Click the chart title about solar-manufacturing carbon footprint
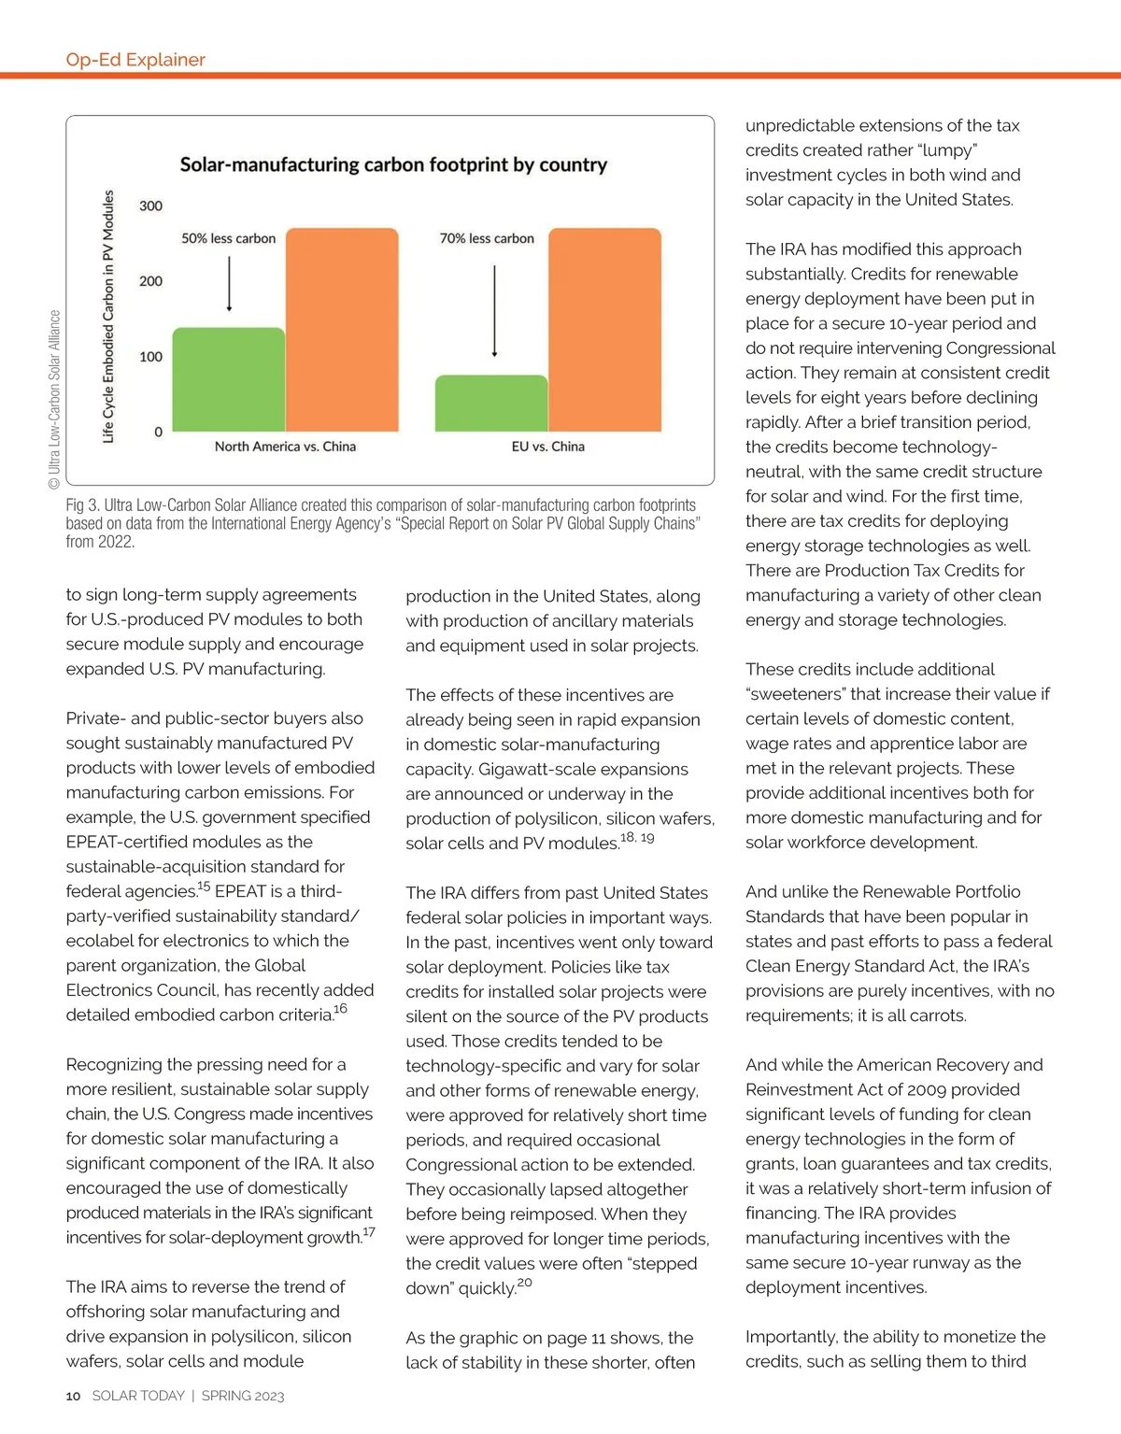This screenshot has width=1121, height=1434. click(393, 165)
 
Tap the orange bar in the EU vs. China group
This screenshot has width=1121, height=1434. click(604, 329)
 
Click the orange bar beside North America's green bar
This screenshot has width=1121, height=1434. click(342, 329)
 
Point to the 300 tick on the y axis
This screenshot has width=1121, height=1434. click(150, 206)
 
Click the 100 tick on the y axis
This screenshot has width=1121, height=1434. click(150, 357)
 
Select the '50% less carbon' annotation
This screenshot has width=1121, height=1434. click(229, 238)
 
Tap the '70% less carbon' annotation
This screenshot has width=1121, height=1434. click(487, 238)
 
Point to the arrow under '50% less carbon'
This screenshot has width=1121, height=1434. click(229, 283)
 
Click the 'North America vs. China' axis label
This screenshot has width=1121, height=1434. click(285, 447)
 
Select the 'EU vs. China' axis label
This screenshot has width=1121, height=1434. click(547, 447)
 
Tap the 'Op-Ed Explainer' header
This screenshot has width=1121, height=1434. click(135, 60)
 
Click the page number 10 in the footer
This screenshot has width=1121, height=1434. click(73, 1396)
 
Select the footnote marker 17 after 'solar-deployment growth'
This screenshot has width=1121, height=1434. click(369, 1232)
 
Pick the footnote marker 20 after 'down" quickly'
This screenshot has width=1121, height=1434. click(525, 1283)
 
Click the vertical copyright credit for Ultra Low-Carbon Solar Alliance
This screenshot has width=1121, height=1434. click(54, 400)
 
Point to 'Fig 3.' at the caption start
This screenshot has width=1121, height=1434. click(82, 505)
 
